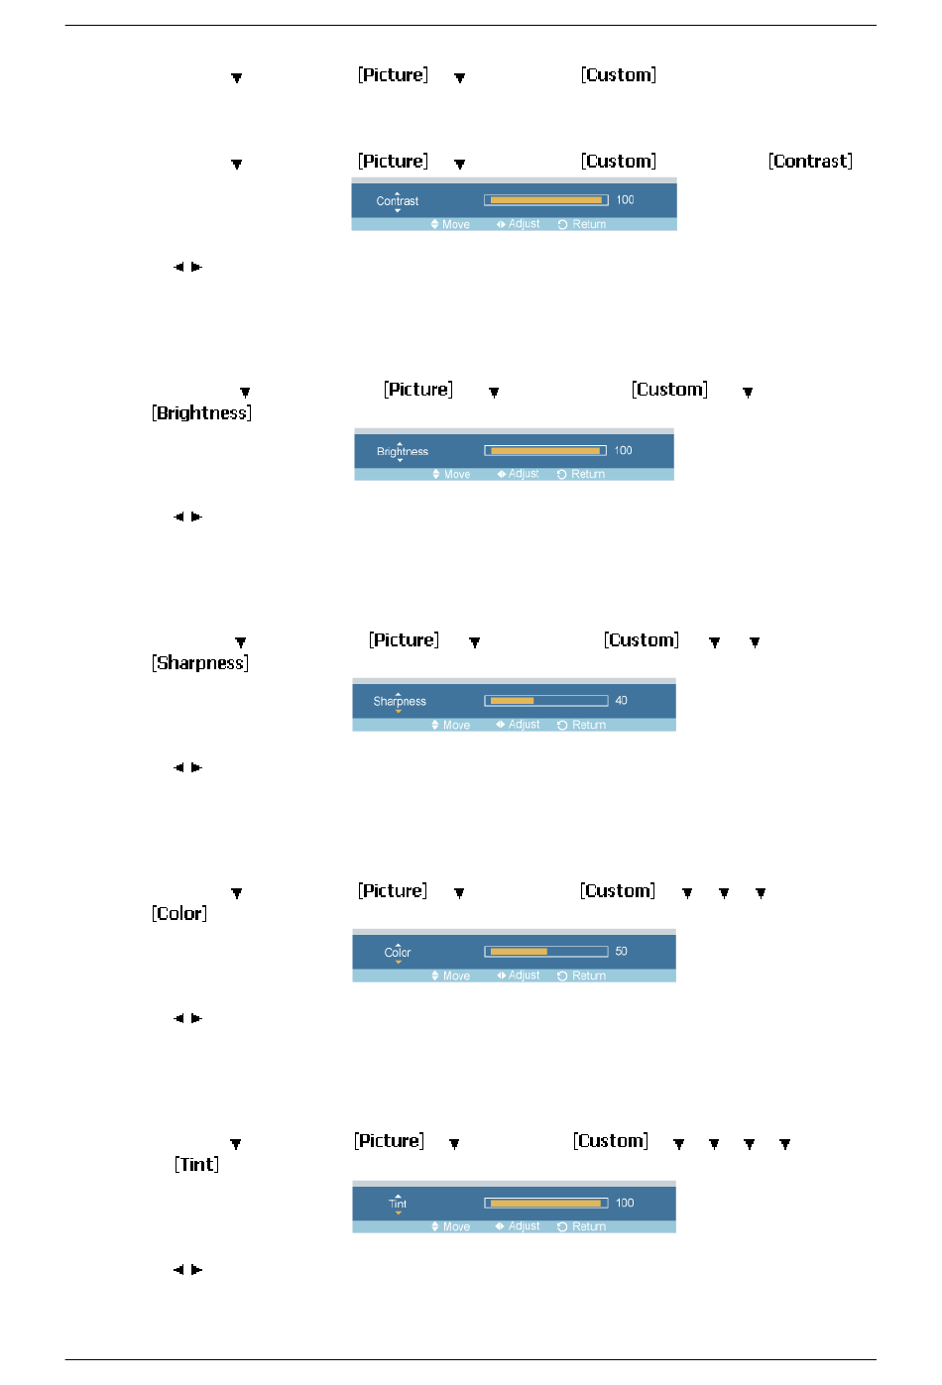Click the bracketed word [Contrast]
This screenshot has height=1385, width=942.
(810, 162)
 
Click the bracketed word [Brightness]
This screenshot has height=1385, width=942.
(201, 413)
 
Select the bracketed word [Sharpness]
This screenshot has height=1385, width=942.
(200, 663)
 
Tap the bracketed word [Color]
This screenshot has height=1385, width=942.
(179, 914)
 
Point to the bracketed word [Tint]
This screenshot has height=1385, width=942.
(196, 1165)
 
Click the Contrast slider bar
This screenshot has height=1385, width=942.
(546, 200)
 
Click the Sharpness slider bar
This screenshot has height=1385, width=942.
(546, 701)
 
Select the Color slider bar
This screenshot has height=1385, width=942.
(546, 952)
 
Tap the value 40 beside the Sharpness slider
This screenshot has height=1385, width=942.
(621, 701)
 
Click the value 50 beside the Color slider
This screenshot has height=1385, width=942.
(621, 952)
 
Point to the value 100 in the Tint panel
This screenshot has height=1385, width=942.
(625, 1203)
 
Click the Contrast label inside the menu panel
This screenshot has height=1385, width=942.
(397, 201)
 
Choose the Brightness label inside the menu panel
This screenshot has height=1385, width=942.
(402, 452)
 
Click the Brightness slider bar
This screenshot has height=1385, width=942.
(545, 451)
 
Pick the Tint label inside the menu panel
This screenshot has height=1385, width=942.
(398, 1204)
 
